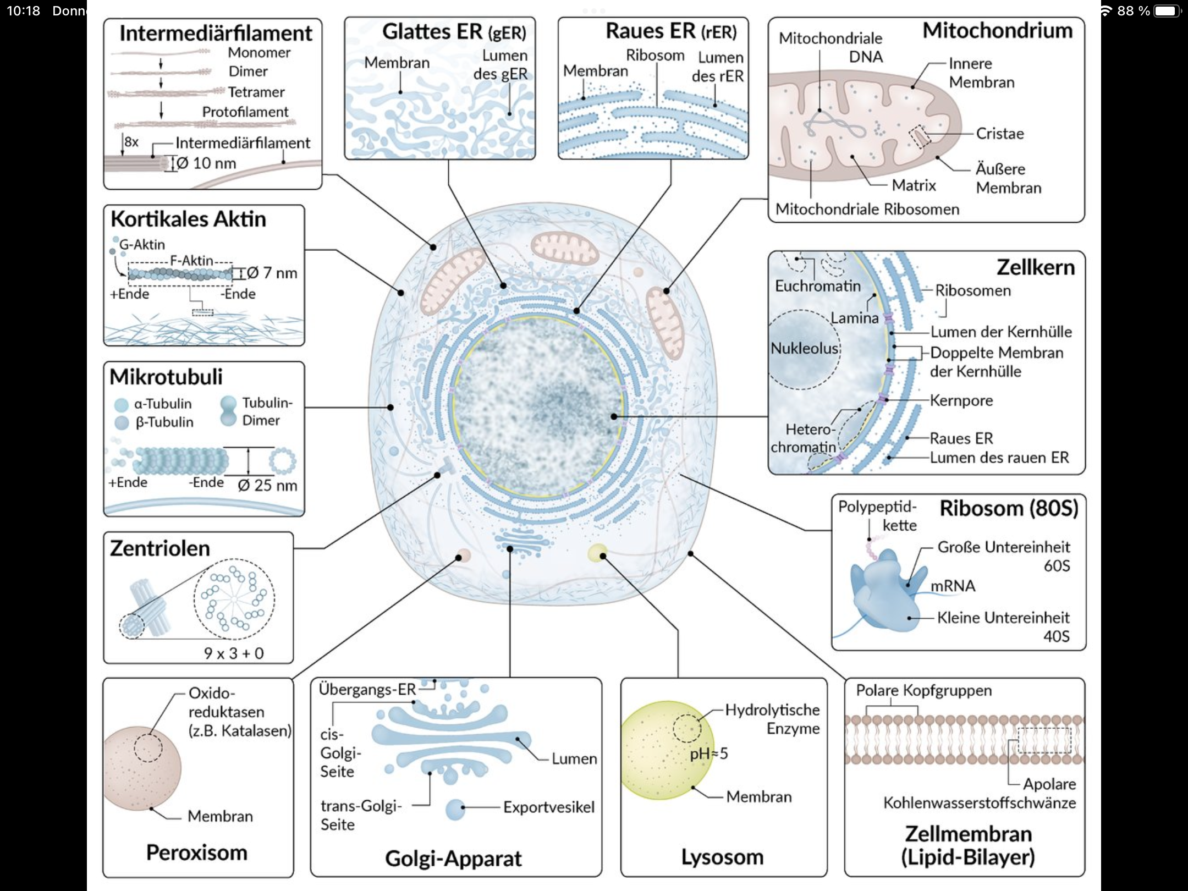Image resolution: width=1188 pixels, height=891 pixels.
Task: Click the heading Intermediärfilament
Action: click(216, 34)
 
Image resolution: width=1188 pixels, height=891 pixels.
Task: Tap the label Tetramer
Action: click(256, 92)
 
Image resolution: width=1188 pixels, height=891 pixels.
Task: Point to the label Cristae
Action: click(999, 134)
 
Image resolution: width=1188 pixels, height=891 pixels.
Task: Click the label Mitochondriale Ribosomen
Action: click(867, 209)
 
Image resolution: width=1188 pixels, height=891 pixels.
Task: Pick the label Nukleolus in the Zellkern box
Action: click(804, 348)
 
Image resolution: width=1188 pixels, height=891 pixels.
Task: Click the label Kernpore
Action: click(961, 400)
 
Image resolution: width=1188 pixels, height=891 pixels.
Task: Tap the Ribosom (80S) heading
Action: click(1009, 508)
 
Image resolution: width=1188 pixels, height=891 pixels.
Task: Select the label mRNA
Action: click(953, 586)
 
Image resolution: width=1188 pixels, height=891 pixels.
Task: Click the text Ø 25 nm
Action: click(267, 485)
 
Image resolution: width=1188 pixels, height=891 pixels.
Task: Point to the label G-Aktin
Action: click(142, 245)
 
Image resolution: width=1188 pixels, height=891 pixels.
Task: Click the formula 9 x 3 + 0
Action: click(234, 653)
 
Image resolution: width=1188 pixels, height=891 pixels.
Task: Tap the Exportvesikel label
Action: click(548, 807)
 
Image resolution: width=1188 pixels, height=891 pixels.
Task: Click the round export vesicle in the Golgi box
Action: click(455, 809)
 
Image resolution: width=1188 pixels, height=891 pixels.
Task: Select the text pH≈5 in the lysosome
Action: click(708, 754)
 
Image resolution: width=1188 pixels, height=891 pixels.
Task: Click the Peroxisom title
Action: click(196, 853)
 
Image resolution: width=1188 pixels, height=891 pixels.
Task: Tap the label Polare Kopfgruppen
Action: click(923, 691)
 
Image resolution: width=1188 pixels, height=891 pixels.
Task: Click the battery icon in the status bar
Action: click(1165, 11)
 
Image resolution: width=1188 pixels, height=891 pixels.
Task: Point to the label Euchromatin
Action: click(817, 286)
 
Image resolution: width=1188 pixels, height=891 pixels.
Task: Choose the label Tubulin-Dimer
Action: click(267, 411)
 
